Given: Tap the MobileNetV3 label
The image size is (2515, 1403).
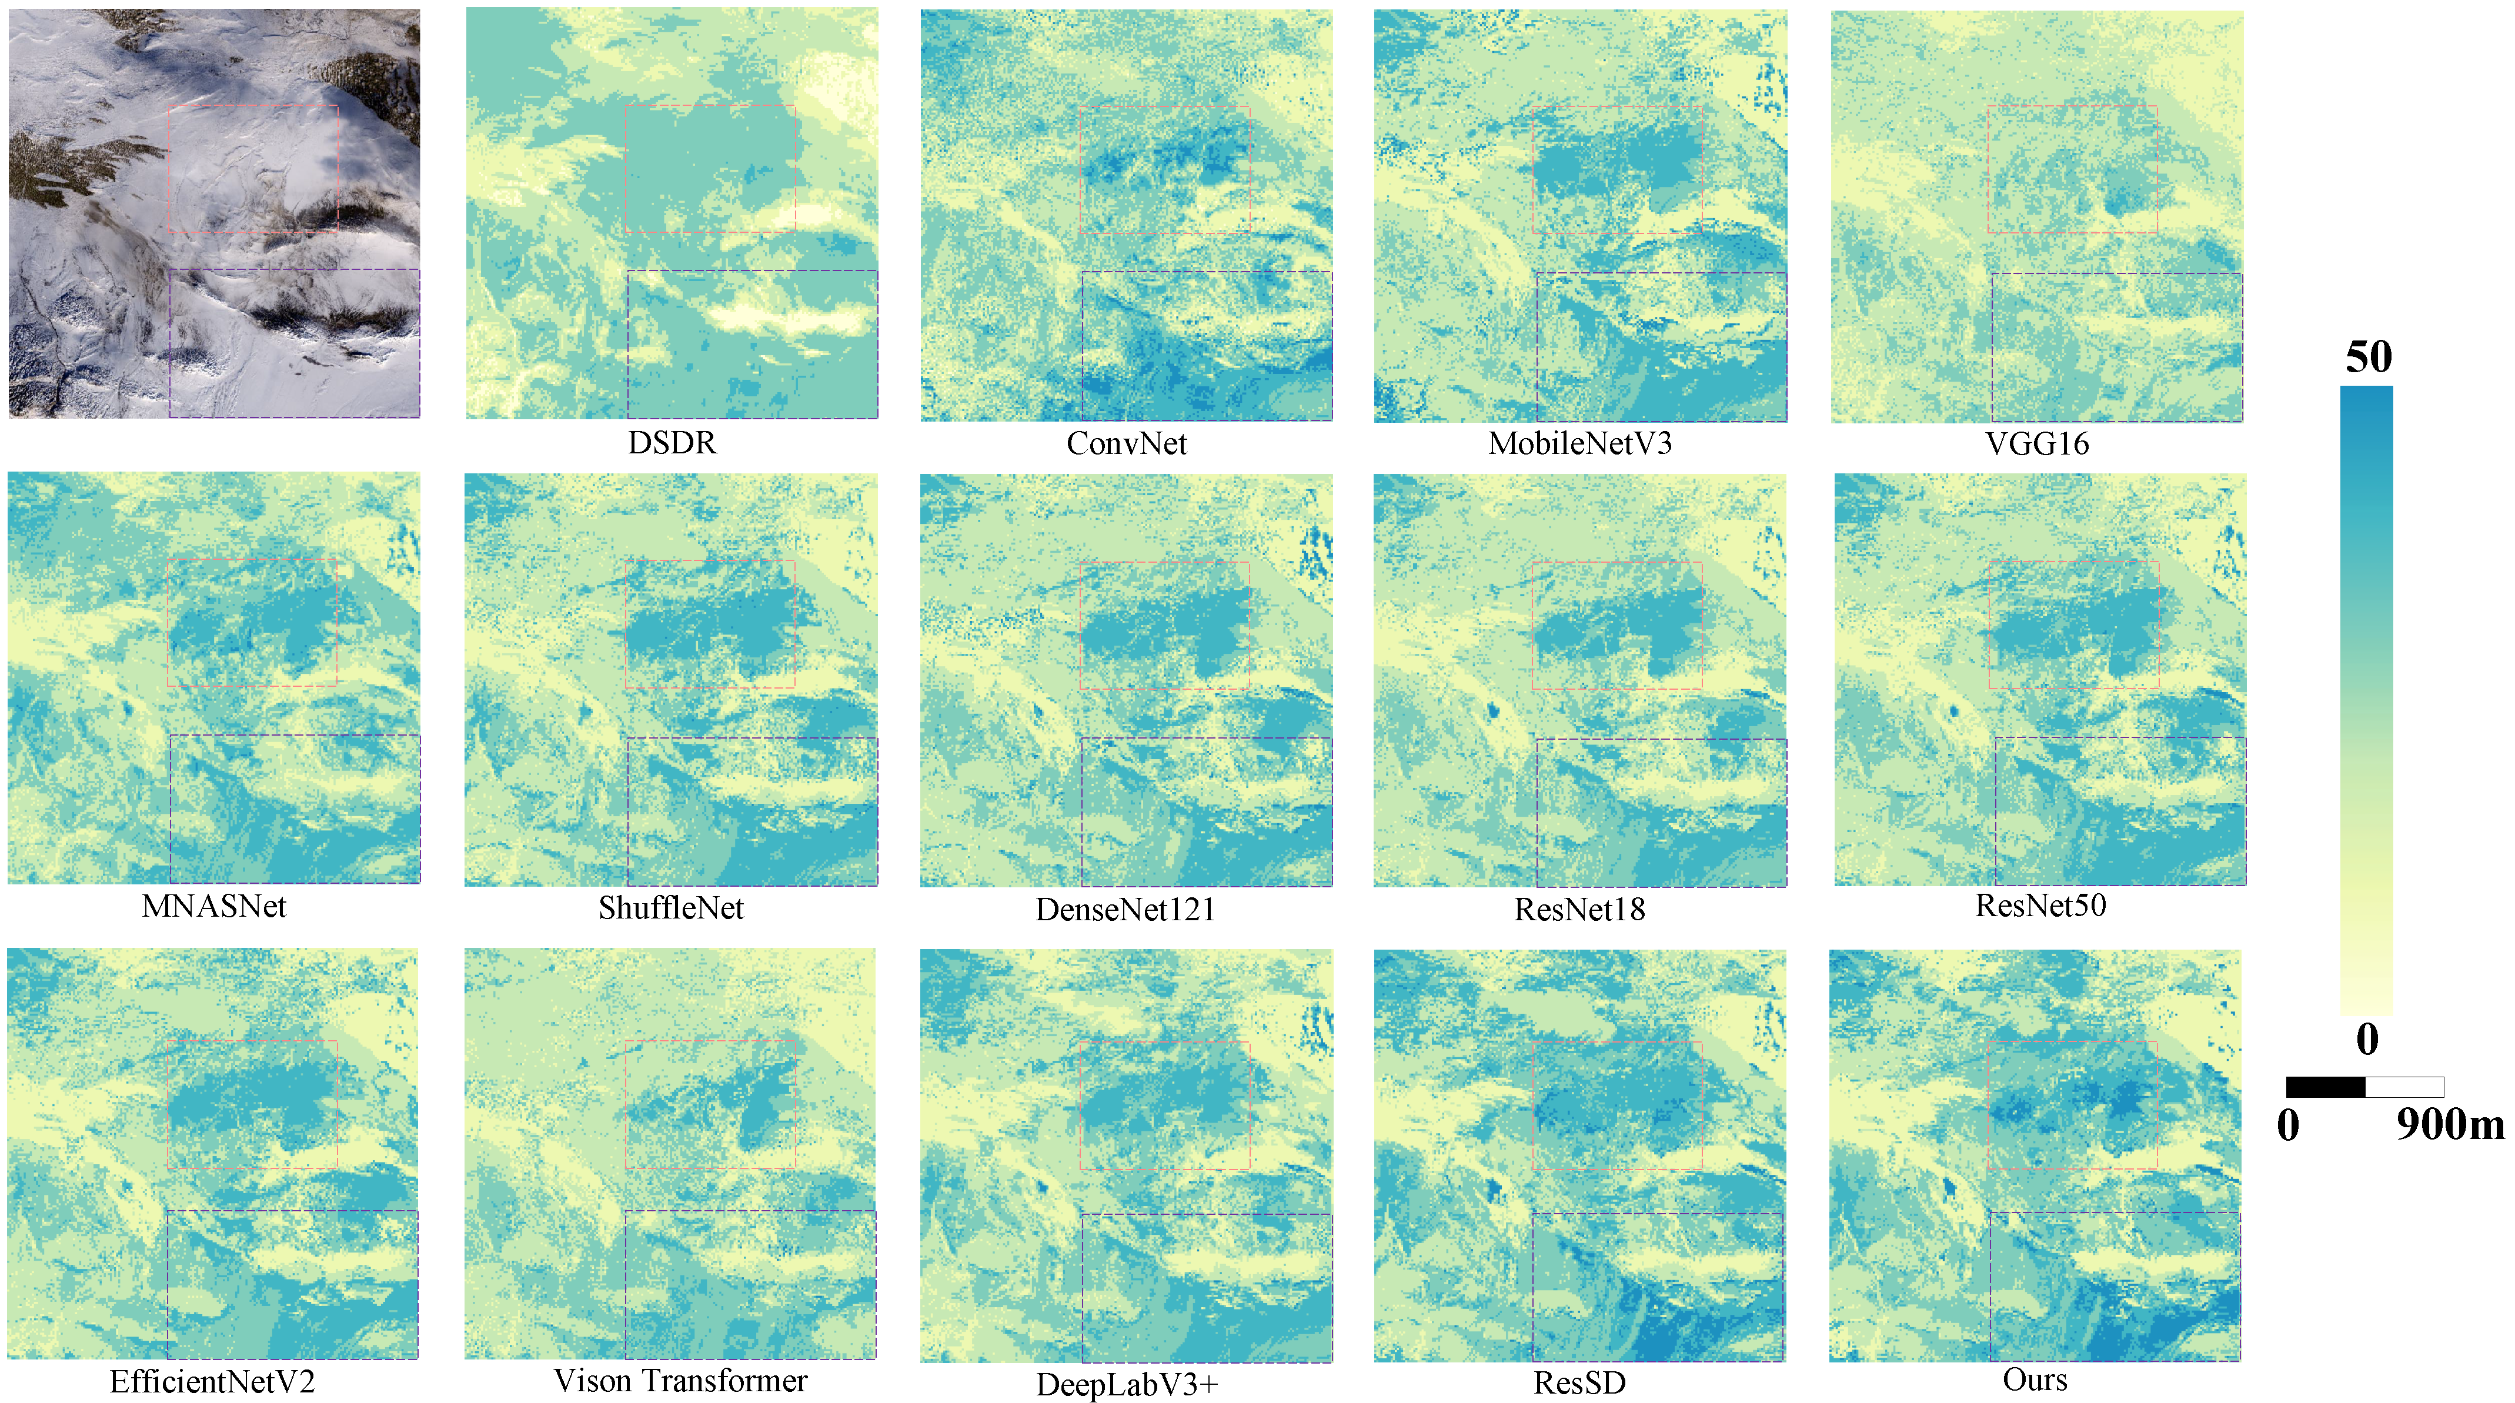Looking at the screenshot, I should click(1579, 443).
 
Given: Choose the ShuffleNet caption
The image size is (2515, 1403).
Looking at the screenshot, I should click(671, 908).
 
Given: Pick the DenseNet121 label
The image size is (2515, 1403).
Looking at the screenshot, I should click(1125, 909).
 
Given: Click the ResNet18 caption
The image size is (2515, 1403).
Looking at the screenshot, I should click(1579, 909).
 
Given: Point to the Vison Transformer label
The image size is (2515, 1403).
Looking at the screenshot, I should click(680, 1381).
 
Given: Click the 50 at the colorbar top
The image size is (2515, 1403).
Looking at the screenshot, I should click(2369, 358).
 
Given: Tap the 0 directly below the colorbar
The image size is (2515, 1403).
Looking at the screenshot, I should click(2367, 1039).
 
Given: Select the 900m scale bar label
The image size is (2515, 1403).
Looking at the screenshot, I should click(2450, 1125).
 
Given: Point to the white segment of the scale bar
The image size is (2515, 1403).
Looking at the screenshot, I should click(2404, 1087).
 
